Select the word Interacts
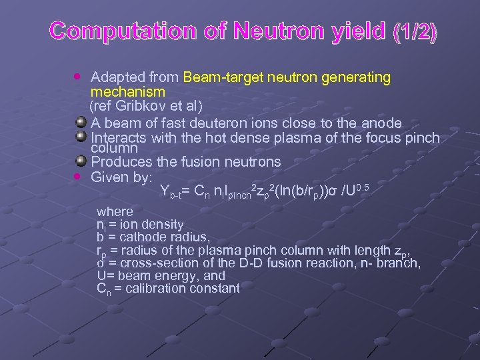[x=120, y=139]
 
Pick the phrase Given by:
[x=122, y=177]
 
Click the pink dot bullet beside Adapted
[x=79, y=77]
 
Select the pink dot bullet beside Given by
[x=79, y=177]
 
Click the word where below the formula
[x=115, y=212]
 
